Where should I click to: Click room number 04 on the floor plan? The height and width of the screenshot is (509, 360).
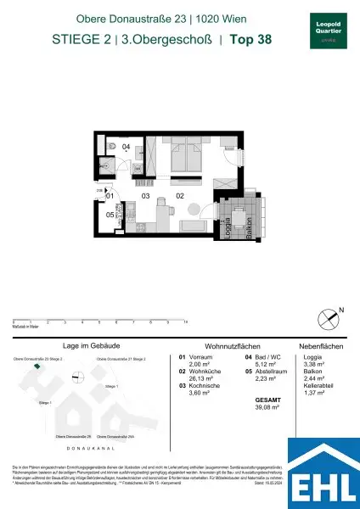point(126,147)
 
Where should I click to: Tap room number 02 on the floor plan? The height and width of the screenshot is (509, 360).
point(180,197)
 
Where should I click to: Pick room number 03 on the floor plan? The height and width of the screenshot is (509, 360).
point(146,197)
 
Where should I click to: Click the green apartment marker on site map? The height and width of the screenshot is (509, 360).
point(37,366)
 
